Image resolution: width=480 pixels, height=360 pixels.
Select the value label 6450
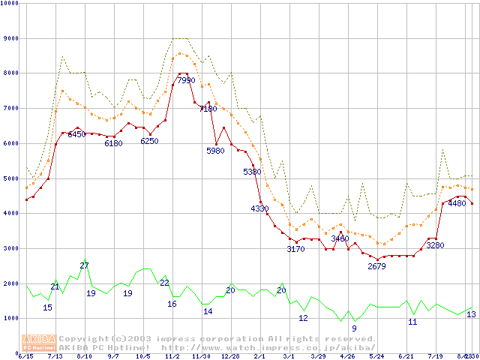pyautogui.click(x=77, y=135)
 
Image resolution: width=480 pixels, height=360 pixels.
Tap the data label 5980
pyautogui.click(x=215, y=151)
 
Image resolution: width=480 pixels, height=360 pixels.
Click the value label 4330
pyautogui.click(x=259, y=208)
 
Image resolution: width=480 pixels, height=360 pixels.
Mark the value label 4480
pyautogui.click(x=456, y=203)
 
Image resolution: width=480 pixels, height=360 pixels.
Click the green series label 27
pyautogui.click(x=85, y=265)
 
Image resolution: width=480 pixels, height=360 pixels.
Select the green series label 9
pyautogui.click(x=354, y=328)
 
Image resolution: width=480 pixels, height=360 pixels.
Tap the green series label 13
pyautogui.click(x=471, y=314)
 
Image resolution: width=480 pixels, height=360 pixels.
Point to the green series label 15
pyautogui.click(x=47, y=307)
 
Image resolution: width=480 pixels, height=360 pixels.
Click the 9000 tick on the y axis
pyautogui.click(x=10, y=37)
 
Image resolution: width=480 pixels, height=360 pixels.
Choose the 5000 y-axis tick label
pyautogui.click(x=10, y=178)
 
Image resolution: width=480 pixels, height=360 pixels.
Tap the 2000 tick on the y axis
pyautogui.click(x=10, y=283)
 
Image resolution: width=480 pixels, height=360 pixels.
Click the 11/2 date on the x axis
pyautogui.click(x=172, y=356)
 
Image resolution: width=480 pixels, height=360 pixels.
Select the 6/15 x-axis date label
pyautogui.click(x=25, y=356)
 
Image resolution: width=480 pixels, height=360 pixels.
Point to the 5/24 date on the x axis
pyautogui.click(x=376, y=356)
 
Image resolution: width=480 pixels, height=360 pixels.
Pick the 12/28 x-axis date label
pyautogui.click(x=230, y=356)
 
